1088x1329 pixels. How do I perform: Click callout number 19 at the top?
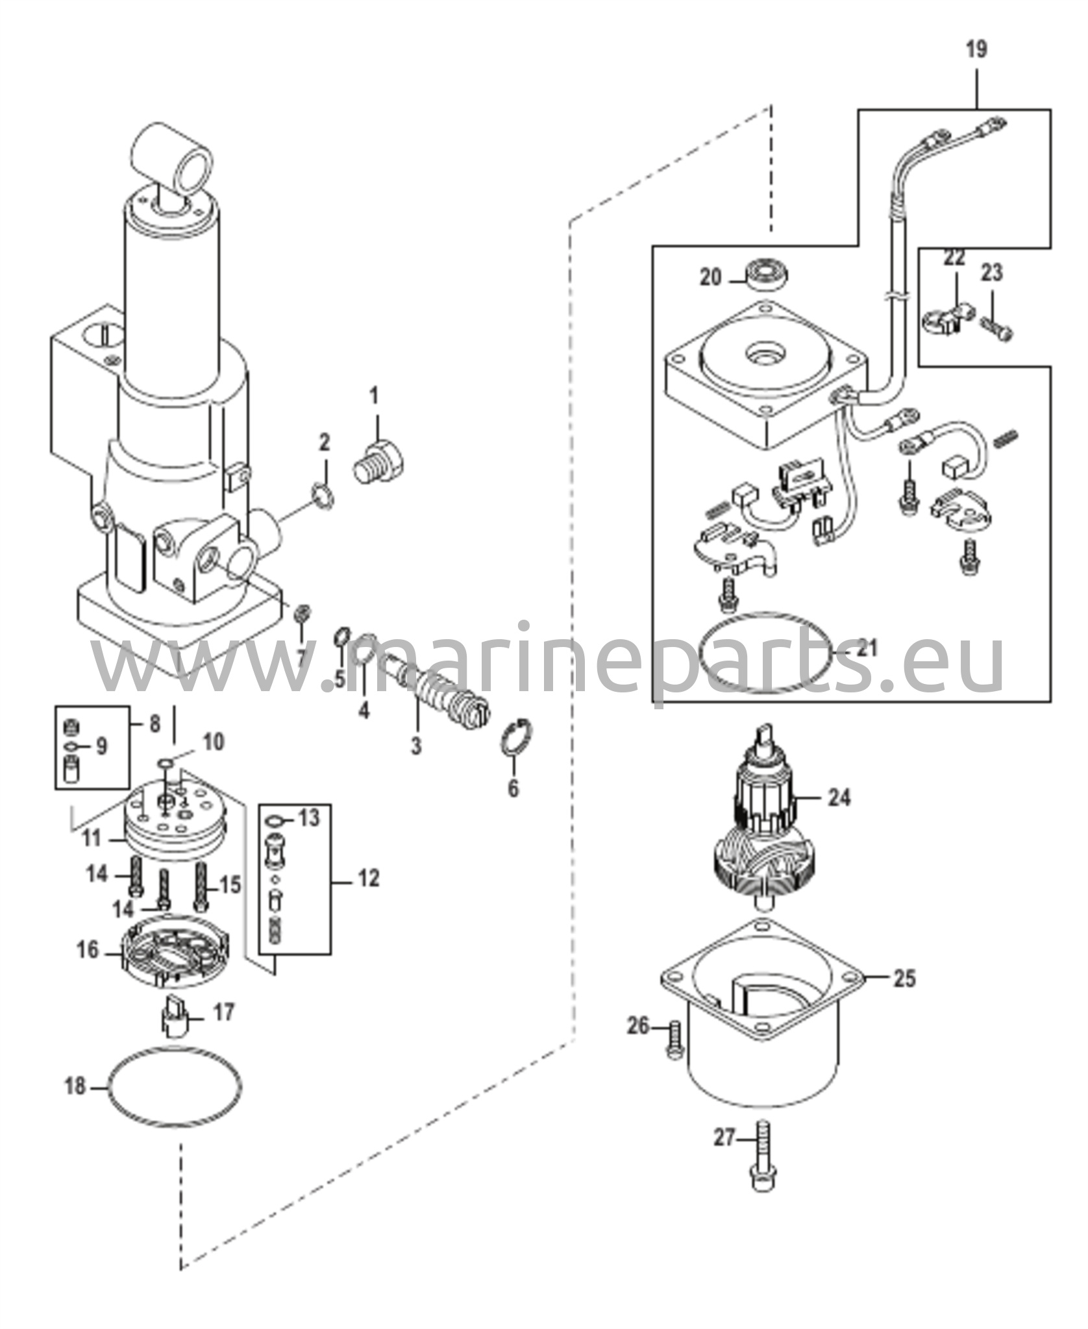976,49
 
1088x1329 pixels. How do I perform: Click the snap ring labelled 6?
521,738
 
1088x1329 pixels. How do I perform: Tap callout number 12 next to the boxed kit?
368,879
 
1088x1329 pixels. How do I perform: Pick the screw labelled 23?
998,328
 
